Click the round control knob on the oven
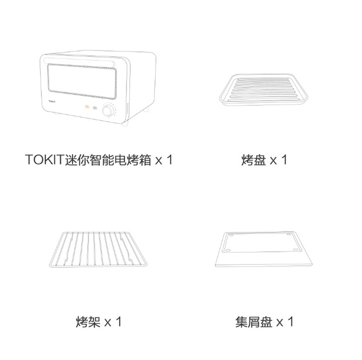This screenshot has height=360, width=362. [x=109, y=111]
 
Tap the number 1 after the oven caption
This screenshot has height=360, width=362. [x=169, y=160]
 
